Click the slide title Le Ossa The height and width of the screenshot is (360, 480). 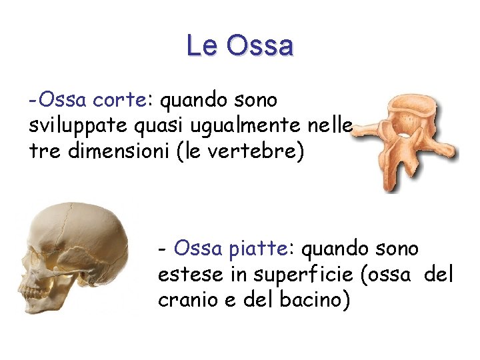click(x=240, y=45)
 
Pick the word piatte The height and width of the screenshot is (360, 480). click(x=257, y=249)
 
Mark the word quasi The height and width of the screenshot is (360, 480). click(x=173, y=126)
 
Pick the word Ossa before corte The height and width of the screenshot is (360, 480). click(x=63, y=100)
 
